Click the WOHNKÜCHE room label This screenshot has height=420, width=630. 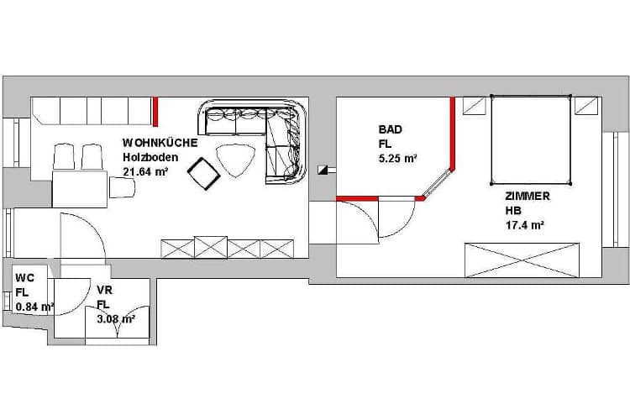pos(160,143)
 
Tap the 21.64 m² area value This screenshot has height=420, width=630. pos(145,171)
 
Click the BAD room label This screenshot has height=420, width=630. pos(390,129)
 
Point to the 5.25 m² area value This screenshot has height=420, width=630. pos(398,159)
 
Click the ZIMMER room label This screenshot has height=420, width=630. pos(528,196)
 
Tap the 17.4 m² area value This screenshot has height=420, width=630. pos(525,225)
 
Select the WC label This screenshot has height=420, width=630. pos(25,278)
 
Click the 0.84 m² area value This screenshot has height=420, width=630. pos(35,307)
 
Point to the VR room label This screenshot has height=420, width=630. pos(105,290)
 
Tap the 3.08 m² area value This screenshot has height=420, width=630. pos(116,319)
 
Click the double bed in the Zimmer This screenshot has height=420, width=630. pos(531,140)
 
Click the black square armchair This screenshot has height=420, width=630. pos(204,174)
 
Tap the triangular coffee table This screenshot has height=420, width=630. pos(235,160)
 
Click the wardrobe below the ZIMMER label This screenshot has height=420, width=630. pos(522,260)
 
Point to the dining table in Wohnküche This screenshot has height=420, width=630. pos(80,189)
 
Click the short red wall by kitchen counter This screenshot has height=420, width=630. pos(155,112)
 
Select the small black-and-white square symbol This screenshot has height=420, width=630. pos(323,170)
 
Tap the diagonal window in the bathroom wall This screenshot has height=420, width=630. pos(438,184)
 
